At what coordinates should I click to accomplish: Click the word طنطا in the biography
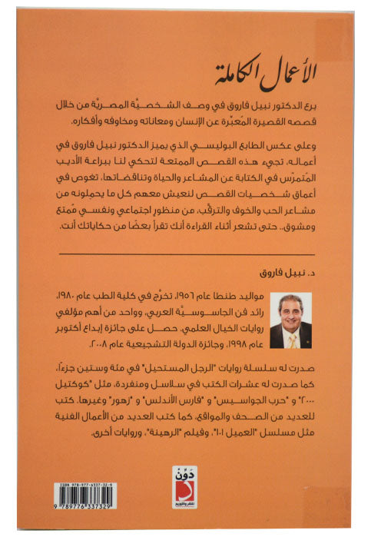[270, 297]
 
